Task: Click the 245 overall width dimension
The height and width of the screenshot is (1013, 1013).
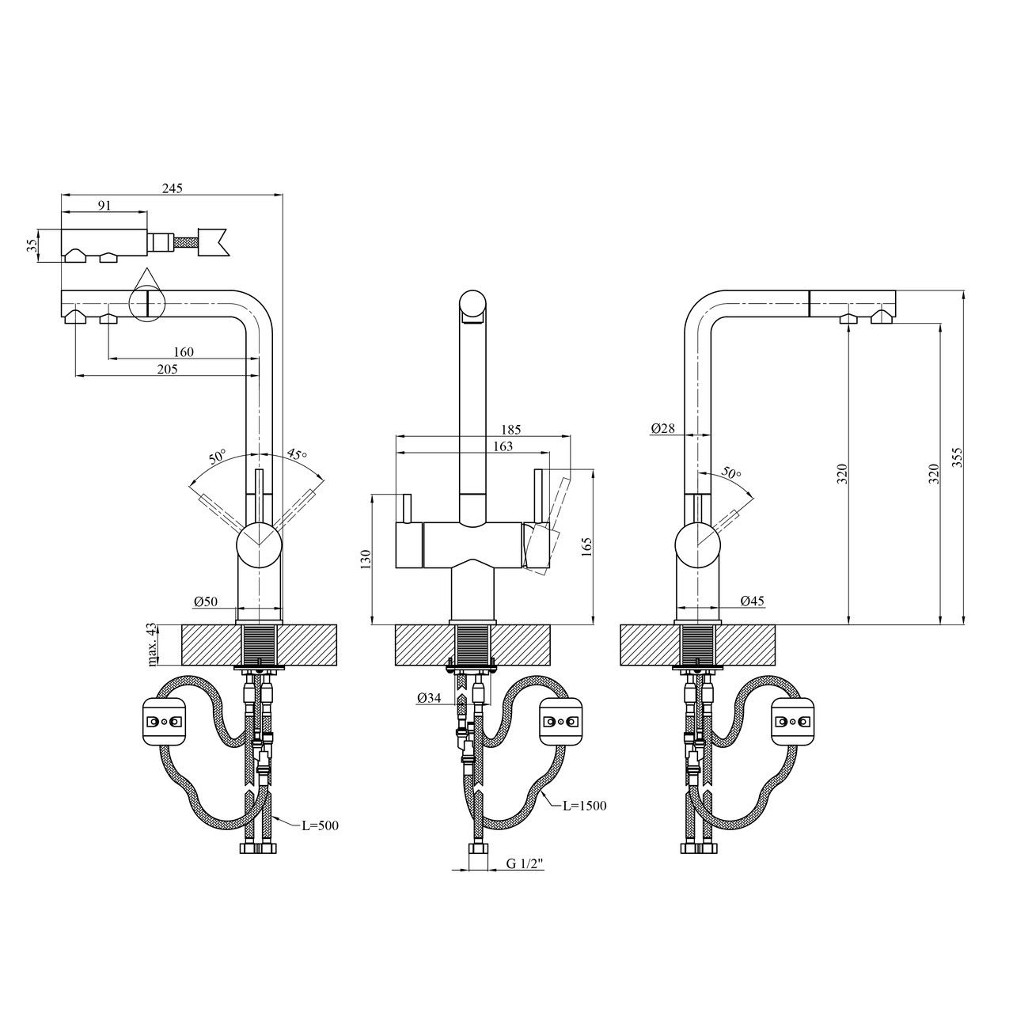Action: click(173, 188)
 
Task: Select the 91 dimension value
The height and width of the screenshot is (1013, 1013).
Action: click(104, 206)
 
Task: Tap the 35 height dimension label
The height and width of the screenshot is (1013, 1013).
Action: click(32, 245)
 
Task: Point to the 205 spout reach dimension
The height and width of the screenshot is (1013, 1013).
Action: click(168, 369)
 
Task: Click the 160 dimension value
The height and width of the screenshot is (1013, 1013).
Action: click(184, 351)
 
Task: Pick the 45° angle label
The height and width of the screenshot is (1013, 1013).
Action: click(297, 453)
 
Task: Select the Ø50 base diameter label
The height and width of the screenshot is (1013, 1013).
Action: click(206, 601)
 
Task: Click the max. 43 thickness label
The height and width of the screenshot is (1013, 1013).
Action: click(153, 644)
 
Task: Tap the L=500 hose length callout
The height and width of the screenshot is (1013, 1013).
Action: click(321, 825)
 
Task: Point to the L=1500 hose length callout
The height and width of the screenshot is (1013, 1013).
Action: click(585, 806)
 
